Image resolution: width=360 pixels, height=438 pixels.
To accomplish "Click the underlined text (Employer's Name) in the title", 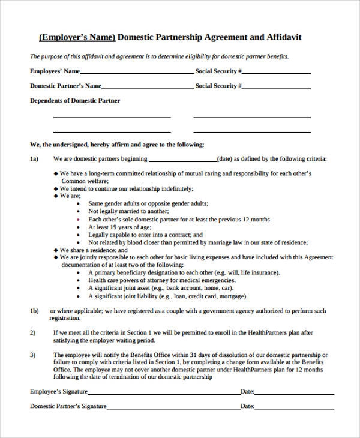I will point(77,37).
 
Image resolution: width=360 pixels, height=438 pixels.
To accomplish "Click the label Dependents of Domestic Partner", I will point(75,101).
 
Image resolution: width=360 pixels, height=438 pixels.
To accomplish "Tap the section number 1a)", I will point(34,159).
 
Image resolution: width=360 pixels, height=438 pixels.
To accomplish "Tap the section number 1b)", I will point(34,311).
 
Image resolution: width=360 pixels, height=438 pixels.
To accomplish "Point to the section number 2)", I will point(33,332).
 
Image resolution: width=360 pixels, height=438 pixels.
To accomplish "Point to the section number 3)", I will point(33,355).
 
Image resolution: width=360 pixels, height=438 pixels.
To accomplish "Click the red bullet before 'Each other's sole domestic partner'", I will point(79,220).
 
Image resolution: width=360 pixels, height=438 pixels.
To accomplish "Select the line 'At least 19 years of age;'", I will point(119,227).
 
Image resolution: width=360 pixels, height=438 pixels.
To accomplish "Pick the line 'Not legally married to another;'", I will point(128,211).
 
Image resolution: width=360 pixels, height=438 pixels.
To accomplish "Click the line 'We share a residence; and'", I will point(93,250).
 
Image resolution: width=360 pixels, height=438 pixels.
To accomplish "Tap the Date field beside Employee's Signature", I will point(294,393).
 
